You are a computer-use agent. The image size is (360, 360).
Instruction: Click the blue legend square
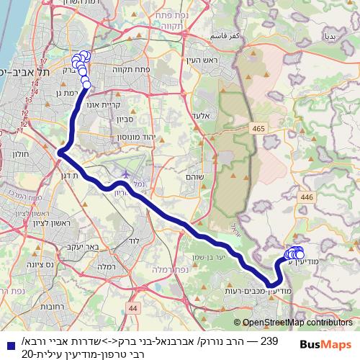7,345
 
